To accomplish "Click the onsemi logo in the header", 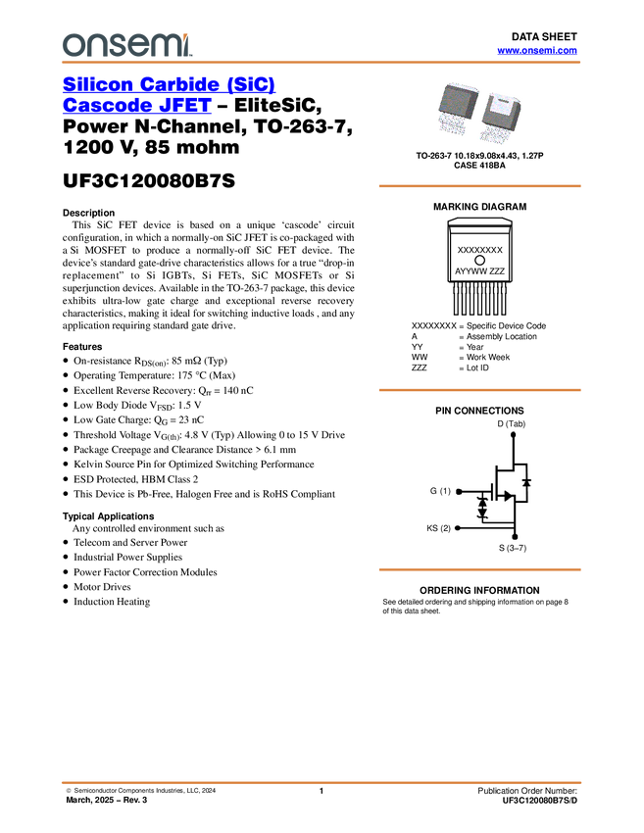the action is (x=126, y=44).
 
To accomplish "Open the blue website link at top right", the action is (x=537, y=50).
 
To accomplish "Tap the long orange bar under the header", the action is (x=322, y=63).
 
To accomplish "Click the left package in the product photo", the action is (x=459, y=111).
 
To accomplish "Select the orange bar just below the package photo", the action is (x=479, y=185).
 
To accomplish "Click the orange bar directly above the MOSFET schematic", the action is (x=479, y=390).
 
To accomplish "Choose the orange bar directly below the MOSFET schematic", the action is (x=479, y=568).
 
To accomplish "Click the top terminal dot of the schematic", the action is (x=514, y=432).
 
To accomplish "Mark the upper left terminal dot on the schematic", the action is (x=458, y=489).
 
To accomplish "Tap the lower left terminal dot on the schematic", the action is (x=458, y=527).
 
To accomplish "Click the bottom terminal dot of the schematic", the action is (x=514, y=535).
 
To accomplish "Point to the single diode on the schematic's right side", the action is (x=526, y=482).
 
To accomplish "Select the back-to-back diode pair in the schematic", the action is (x=481, y=507).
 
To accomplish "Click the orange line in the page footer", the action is (x=322, y=782).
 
